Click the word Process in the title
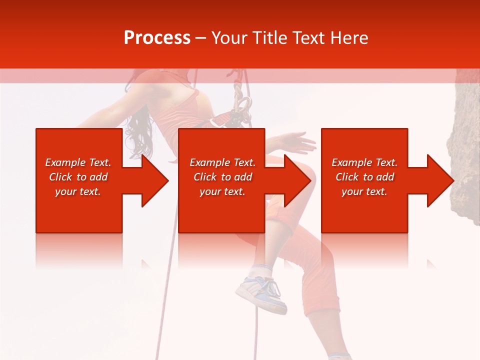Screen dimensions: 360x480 click(157, 38)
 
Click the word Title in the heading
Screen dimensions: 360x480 click(270, 38)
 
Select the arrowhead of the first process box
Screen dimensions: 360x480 click(155, 180)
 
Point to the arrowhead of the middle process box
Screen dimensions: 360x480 click(297, 180)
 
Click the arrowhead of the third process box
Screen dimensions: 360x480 click(440, 180)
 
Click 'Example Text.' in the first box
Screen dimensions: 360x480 click(78, 162)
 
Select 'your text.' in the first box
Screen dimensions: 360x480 click(78, 191)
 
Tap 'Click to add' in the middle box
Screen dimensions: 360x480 click(222, 177)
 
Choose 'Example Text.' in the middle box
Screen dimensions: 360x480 click(222, 162)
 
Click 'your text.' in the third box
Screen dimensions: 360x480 click(364, 191)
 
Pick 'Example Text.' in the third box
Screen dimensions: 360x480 click(364, 162)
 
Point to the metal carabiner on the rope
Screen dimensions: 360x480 click(242, 107)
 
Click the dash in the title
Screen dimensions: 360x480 click(200, 38)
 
